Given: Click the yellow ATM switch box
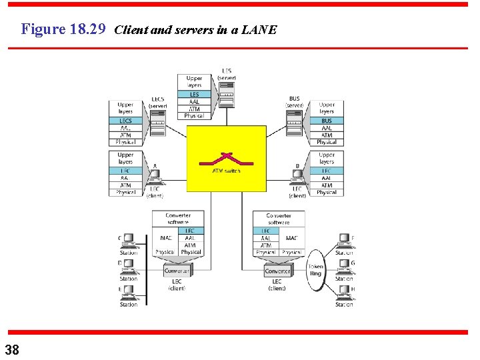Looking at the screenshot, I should tap(226, 159).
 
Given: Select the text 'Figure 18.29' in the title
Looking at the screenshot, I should tap(63, 29).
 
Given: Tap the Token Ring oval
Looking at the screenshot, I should tap(315, 270).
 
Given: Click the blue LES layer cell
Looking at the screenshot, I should tap(194, 95).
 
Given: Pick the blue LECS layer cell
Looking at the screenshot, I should tap(125, 121).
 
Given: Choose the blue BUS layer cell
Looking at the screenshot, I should tap(327, 121).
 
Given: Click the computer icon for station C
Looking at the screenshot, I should tap(129, 241).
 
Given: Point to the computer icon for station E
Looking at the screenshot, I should tap(129, 293).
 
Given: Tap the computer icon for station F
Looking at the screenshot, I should tap(344, 241).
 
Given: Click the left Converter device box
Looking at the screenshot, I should tap(177, 271).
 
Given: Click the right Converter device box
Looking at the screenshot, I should tap(277, 271).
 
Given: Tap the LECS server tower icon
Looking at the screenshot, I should tap(157, 123).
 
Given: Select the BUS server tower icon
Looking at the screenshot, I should tap(294, 123).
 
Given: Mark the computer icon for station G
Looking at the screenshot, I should tap(344, 267).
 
